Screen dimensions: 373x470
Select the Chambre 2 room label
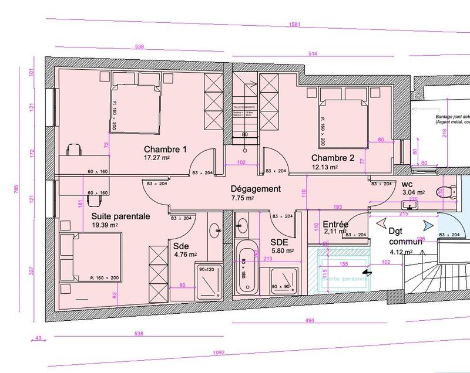pos(333,158)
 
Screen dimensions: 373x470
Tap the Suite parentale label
pos(120,216)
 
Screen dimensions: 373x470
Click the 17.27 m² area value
pos(157,158)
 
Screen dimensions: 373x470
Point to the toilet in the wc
pos(449,191)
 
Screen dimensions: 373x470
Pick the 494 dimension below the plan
pos(310,320)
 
